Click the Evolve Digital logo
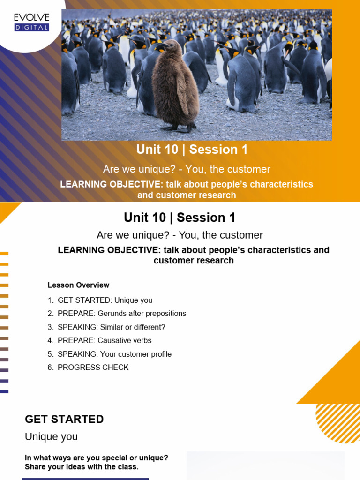31,22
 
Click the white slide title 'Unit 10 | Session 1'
192,150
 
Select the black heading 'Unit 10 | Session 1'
180,217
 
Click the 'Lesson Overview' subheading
78,285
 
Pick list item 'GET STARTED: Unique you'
105,300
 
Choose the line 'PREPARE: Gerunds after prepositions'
122,314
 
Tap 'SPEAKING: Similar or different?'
112,327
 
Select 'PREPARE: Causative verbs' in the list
105,340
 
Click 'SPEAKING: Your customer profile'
114,354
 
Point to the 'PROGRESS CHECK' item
93,367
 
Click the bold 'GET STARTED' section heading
64,419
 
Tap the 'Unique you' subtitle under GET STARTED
51,437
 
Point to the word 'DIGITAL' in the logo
31,28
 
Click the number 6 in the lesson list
50,367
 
